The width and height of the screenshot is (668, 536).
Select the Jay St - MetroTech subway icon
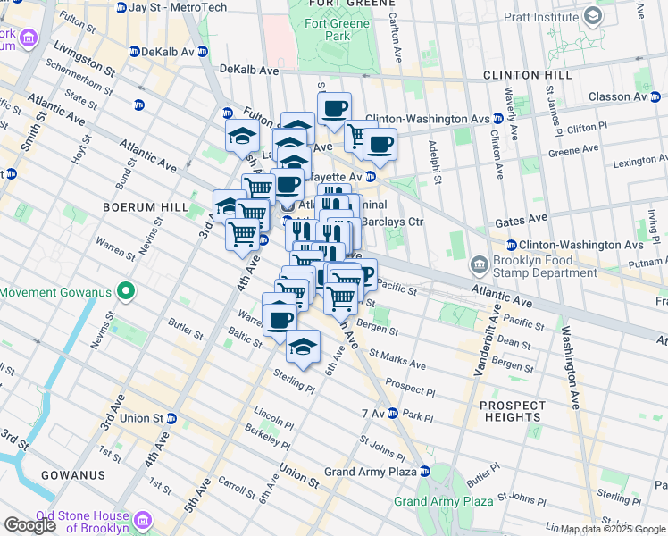(x=119, y=7)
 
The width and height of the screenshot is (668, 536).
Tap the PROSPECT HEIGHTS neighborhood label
(x=512, y=411)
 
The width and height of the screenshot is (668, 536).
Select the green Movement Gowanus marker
(x=126, y=292)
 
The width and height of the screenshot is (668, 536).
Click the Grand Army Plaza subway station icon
(x=425, y=471)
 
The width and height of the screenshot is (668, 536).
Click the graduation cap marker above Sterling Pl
(x=304, y=346)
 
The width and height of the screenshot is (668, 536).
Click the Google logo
(x=29, y=525)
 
